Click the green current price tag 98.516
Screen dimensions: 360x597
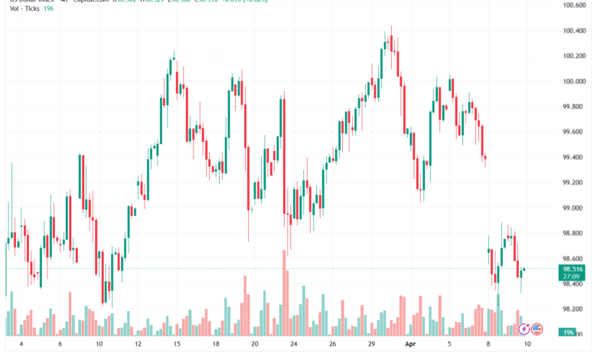[x=573, y=270]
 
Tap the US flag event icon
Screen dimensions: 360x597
[x=537, y=329]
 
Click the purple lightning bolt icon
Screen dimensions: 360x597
[x=524, y=329]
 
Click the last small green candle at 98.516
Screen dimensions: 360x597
[x=524, y=270]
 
